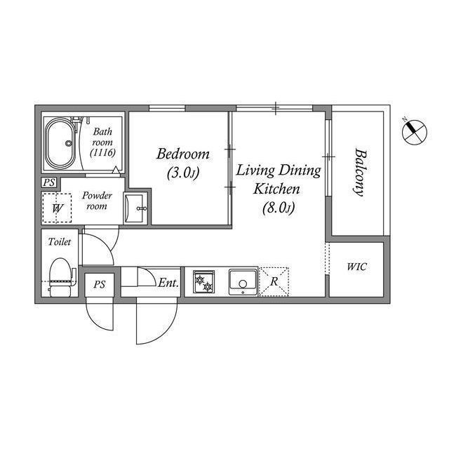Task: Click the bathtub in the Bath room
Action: (x=62, y=143)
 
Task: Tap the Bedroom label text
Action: (x=182, y=153)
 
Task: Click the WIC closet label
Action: (x=356, y=267)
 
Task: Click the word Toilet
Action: (x=60, y=242)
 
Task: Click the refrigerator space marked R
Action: (x=274, y=282)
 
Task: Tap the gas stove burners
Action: (x=203, y=283)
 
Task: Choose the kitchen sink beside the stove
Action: (x=243, y=283)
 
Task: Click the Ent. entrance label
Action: (x=168, y=283)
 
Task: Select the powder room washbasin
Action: (x=137, y=208)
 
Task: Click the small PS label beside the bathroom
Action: (x=48, y=183)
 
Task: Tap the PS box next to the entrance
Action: (x=100, y=285)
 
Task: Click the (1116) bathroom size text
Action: (x=102, y=152)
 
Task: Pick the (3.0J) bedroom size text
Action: (x=182, y=171)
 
